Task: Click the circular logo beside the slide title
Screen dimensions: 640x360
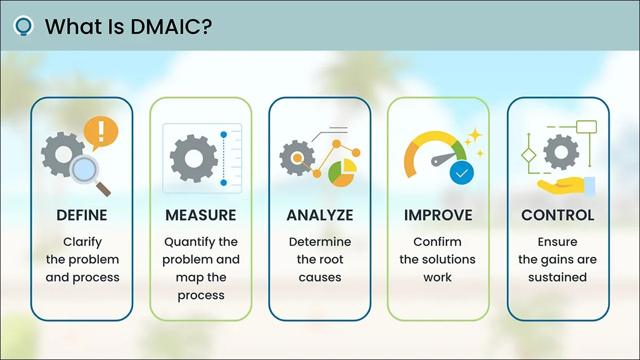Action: tap(23, 26)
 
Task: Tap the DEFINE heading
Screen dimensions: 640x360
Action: tap(82, 215)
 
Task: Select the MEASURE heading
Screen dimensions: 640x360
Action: tap(201, 215)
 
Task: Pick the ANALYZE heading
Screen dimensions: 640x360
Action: tap(319, 215)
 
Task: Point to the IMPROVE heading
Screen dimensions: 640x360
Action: tap(438, 215)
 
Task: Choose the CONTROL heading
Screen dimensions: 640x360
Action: tap(558, 215)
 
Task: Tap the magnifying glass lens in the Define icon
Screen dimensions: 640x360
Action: tap(84, 170)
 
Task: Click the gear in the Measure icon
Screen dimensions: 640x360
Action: tap(194, 158)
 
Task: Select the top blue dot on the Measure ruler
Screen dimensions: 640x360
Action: tap(223, 134)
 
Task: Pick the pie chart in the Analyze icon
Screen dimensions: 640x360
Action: tap(342, 173)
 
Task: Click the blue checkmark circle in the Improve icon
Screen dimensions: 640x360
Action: tap(462, 173)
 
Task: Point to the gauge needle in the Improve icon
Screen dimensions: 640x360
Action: tap(444, 159)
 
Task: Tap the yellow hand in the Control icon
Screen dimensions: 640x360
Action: tap(562, 186)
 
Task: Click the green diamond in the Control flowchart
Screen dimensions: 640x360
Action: tap(529, 155)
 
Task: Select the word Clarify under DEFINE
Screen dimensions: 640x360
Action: tap(82, 243)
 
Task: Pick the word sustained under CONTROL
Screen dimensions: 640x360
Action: tap(557, 277)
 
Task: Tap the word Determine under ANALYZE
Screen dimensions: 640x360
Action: tap(320, 242)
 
